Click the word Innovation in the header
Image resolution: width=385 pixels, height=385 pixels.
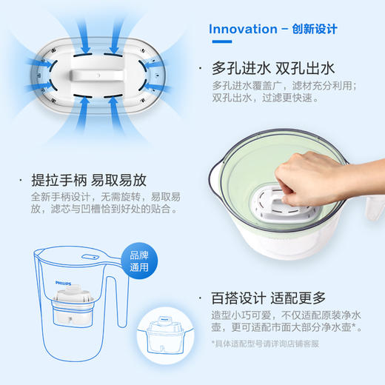(241, 30)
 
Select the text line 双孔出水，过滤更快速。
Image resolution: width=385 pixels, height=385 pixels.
(265, 98)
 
